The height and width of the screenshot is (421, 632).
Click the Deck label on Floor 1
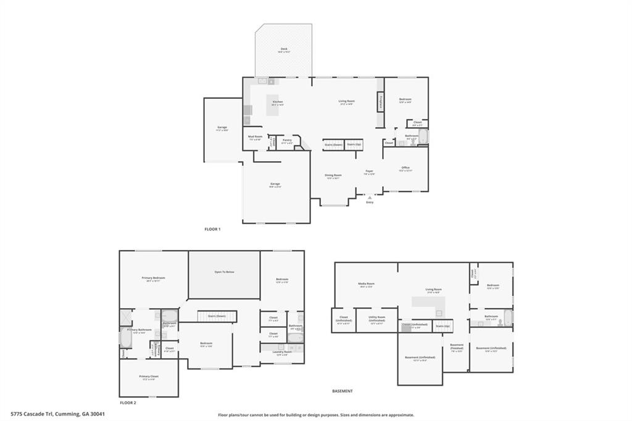[284, 49]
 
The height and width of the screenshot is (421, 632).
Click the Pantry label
[287, 141]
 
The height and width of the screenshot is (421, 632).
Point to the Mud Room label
[255, 137]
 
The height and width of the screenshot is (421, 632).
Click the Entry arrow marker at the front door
[370, 197]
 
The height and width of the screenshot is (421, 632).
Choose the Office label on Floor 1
[405, 168]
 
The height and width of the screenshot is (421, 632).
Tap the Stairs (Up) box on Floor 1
[354, 144]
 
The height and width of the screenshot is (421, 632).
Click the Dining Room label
[333, 175]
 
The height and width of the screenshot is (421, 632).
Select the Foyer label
[369, 172]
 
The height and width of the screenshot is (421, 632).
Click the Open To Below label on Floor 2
[224, 272]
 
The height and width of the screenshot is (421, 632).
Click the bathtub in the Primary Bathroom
[122, 339]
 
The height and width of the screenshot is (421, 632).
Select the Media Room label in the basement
[367, 285]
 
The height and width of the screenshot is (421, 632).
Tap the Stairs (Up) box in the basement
[443, 326]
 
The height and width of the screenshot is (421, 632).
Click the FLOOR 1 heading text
[212, 229]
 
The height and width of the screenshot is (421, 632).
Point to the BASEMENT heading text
[343, 391]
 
